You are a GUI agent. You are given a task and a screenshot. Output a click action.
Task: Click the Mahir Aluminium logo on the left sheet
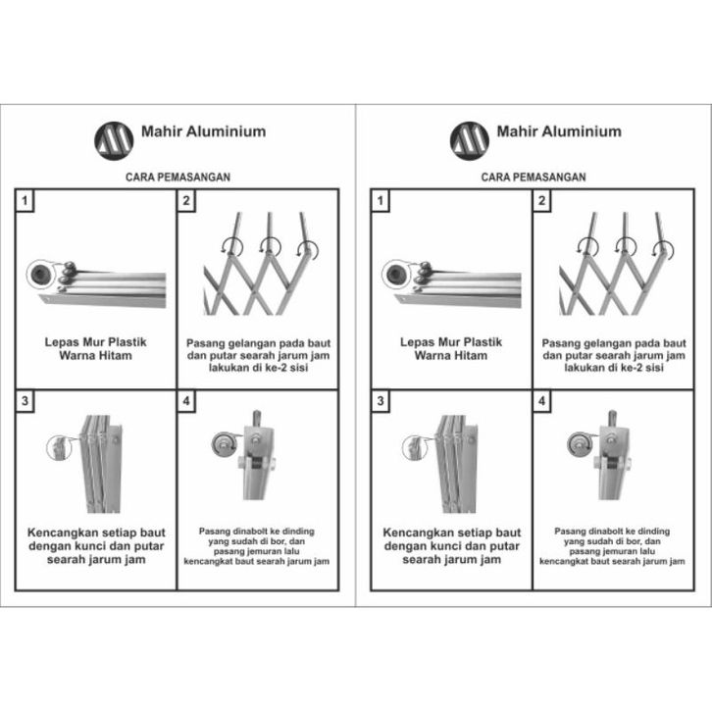click(114, 139)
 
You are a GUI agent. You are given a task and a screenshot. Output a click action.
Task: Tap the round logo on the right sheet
click(469, 139)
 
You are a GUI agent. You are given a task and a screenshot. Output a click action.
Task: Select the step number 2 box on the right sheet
click(543, 201)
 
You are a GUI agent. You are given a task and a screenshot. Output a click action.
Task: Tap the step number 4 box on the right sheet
click(543, 402)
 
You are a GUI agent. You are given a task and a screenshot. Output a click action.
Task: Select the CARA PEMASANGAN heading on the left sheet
click(178, 178)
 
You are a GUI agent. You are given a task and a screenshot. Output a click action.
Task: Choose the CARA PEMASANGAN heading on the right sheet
click(534, 178)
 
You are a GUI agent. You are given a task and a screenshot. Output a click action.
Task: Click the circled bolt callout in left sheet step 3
click(60, 446)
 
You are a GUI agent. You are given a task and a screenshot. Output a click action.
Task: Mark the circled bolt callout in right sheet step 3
click(415, 446)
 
